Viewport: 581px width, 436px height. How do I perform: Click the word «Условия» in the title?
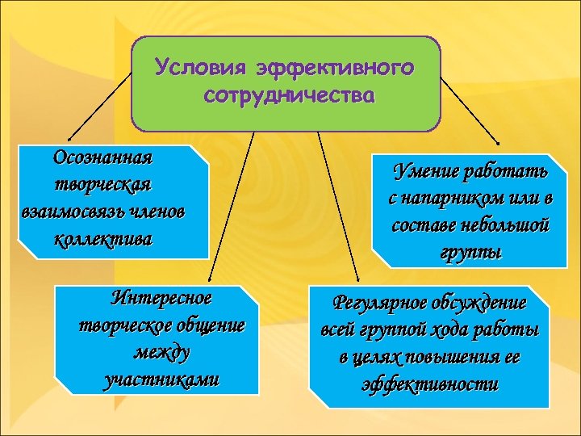pyautogui.click(x=199, y=66)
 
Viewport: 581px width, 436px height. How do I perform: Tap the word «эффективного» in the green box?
pyautogui.click(x=335, y=66)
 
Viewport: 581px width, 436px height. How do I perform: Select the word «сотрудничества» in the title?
pyautogui.click(x=289, y=96)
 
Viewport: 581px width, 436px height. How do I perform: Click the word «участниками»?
pyautogui.click(x=161, y=379)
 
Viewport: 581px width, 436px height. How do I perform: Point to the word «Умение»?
pyautogui.click(x=424, y=170)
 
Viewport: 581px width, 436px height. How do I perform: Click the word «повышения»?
pyautogui.click(x=439, y=358)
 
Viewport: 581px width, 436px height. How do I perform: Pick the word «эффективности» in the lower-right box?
pyautogui.click(x=430, y=384)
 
